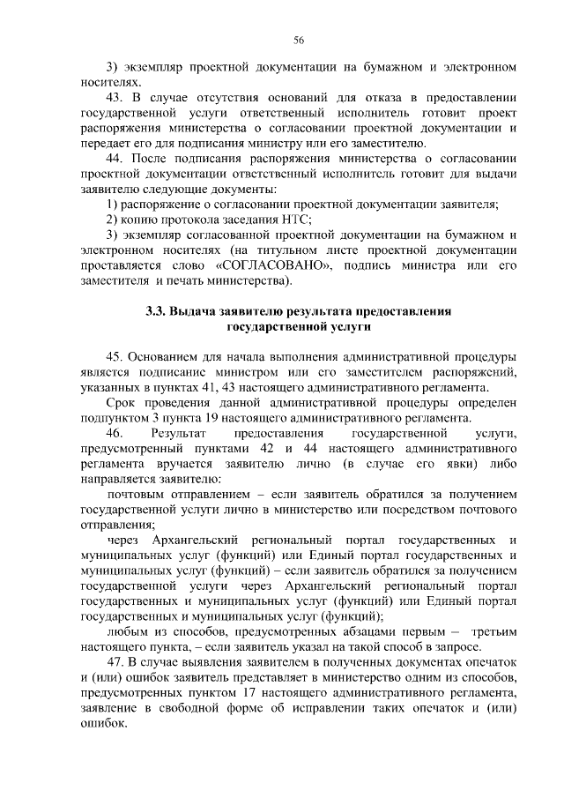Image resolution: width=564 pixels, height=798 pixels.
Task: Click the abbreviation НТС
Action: point(294,220)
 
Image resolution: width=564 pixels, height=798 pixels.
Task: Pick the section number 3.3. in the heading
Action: point(159,311)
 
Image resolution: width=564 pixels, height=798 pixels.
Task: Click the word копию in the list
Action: point(137,220)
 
